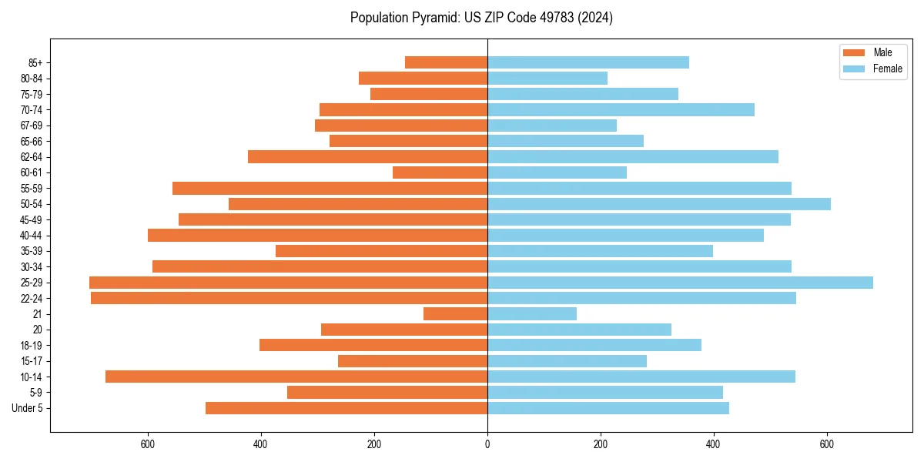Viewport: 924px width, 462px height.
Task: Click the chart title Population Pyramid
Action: click(x=481, y=18)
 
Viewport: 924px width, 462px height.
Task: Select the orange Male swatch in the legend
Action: click(x=855, y=52)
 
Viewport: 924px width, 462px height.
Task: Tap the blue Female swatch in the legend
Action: click(x=855, y=69)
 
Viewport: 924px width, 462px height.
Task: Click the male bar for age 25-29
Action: click(x=289, y=283)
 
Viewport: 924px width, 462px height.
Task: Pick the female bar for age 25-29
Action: click(x=680, y=283)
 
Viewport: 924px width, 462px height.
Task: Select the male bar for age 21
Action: click(x=455, y=314)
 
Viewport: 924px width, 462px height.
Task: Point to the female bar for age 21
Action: click(x=532, y=314)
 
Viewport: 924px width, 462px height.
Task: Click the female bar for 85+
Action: click(x=588, y=62)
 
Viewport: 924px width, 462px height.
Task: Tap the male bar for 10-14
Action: click(x=296, y=377)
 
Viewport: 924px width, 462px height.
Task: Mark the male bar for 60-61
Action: click(x=440, y=172)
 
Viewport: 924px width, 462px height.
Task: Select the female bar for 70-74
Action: click(x=621, y=110)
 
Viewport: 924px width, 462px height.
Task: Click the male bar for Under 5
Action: click(x=346, y=408)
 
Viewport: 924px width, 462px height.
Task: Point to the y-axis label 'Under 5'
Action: click(x=28, y=408)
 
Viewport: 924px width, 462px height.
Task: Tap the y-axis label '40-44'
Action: click(x=32, y=236)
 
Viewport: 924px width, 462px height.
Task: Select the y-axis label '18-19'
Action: click(x=32, y=346)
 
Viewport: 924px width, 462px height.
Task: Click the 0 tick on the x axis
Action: click(x=487, y=444)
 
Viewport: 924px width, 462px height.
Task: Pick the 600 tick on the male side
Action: click(x=148, y=444)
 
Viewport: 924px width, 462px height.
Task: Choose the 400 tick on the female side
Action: click(x=714, y=444)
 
